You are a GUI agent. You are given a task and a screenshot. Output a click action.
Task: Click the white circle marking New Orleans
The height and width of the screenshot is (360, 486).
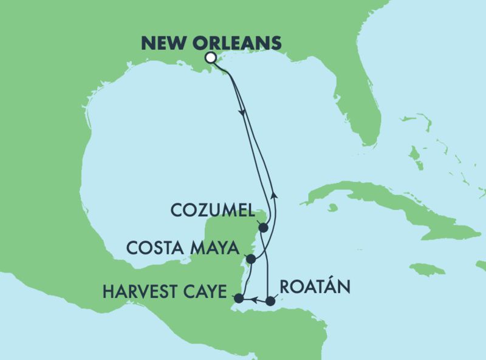(210, 58)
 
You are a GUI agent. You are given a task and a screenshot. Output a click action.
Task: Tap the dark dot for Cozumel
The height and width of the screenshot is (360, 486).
(263, 228)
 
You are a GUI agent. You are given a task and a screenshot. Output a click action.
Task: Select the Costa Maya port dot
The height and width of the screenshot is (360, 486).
(250, 259)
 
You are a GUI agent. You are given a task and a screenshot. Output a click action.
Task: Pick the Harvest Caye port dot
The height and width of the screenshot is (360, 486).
(239, 298)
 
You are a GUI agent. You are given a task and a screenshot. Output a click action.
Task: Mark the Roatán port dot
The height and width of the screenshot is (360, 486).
(271, 301)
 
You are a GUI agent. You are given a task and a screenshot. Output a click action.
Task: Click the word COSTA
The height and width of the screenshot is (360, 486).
(154, 248)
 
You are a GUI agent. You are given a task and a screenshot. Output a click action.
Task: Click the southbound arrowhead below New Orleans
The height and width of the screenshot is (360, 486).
(242, 113)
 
